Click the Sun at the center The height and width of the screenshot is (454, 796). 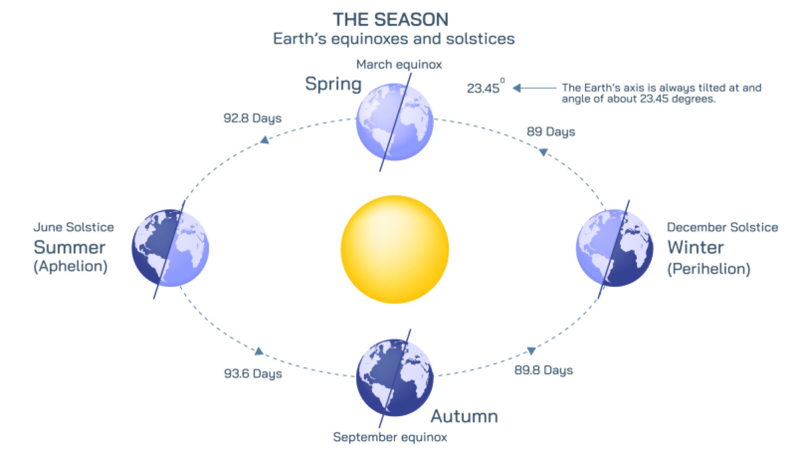pos(394,249)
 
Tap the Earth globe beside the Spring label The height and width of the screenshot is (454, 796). pos(394,122)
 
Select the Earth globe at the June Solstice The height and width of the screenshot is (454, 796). pos(170,248)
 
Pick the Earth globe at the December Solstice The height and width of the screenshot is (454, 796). pos(615,248)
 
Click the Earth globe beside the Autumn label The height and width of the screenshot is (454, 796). pos(394,378)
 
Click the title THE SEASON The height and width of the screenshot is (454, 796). pos(390,20)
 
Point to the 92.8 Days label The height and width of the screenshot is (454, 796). pos(252,118)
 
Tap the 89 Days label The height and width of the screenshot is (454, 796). pos(551,132)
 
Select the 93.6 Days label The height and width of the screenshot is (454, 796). pos(253,374)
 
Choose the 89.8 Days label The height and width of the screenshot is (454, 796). pos(543,370)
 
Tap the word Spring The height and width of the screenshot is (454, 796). pos(333,84)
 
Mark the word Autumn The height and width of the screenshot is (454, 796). pos(464,417)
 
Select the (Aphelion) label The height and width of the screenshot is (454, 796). pos(70,266)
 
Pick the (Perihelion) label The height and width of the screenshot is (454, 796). pos(708,269)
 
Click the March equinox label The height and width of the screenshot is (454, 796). pos(399,65)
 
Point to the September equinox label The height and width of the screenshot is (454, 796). pos(390,437)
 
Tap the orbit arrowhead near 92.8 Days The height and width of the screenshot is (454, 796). pos(265,140)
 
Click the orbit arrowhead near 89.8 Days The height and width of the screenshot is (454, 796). pos(531,350)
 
